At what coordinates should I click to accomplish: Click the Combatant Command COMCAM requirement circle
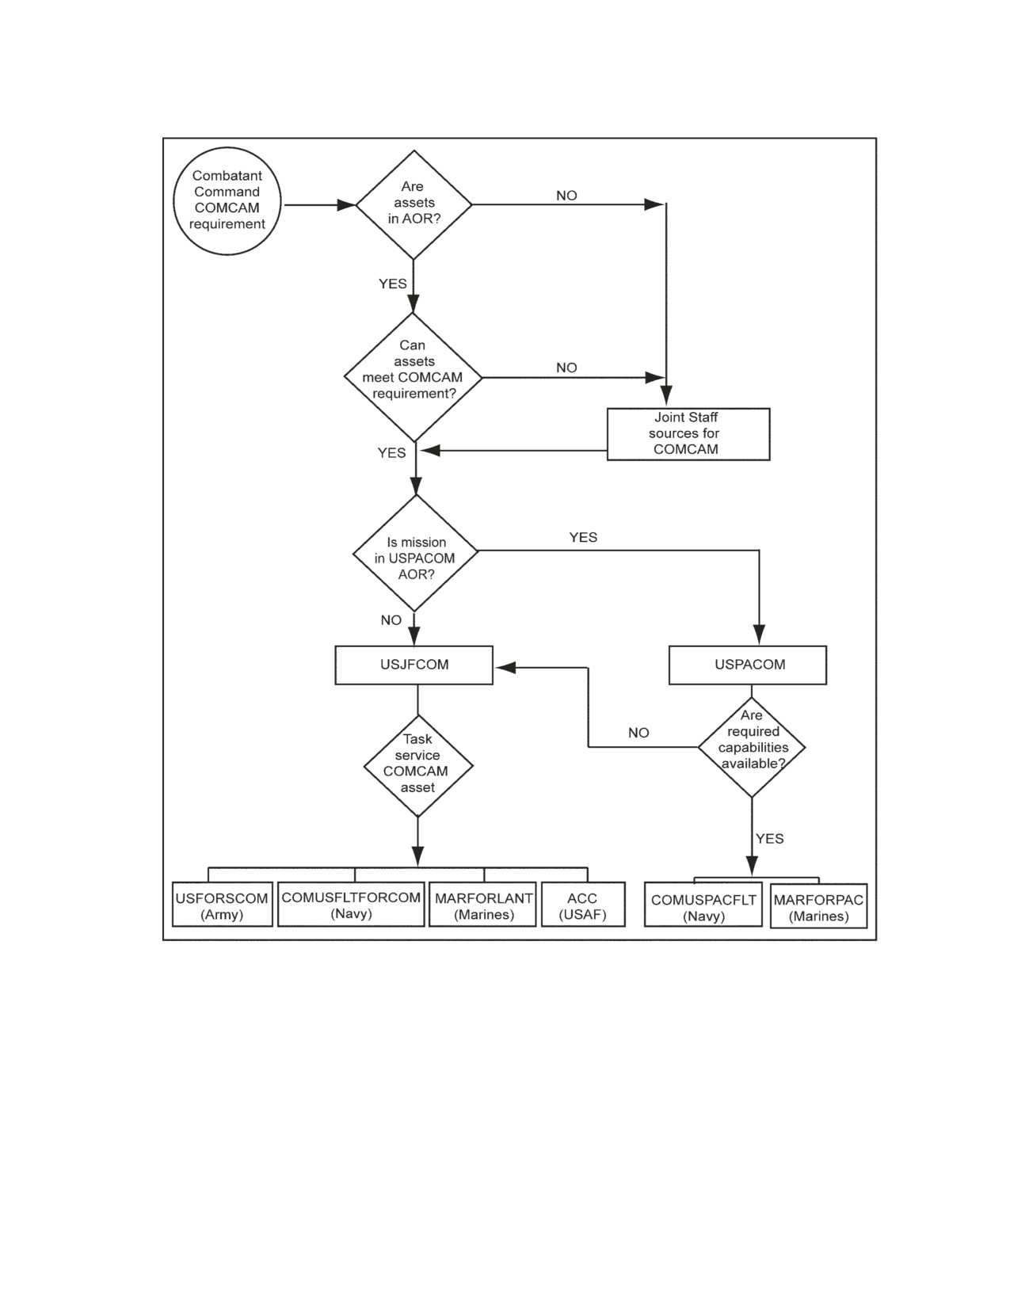point(227,201)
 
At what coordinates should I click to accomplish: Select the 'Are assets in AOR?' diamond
point(414,204)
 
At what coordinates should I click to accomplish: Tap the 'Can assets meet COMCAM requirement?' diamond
point(414,377)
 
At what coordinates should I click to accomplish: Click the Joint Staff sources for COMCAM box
point(688,434)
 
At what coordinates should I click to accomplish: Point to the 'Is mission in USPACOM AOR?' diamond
point(415,553)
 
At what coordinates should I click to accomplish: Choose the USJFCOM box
point(414,665)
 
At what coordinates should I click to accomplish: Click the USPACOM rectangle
point(748,665)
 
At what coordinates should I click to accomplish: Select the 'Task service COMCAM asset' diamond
point(418,766)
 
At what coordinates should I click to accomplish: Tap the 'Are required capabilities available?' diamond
point(752,748)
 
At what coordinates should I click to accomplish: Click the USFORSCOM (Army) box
point(223,904)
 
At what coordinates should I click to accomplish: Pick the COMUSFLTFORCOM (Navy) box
point(351,904)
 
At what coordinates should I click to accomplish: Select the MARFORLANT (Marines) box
point(482,904)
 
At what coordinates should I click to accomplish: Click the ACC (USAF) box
point(583,904)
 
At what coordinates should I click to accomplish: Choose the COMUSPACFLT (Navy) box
point(703,905)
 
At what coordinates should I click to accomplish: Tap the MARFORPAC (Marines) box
point(819,906)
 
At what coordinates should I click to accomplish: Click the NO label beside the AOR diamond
point(566,196)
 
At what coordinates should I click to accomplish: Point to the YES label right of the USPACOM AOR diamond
point(583,537)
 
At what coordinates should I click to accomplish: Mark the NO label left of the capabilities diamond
point(638,733)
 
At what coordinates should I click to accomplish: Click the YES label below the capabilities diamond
point(769,838)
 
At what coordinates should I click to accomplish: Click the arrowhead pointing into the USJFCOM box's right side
point(505,668)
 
